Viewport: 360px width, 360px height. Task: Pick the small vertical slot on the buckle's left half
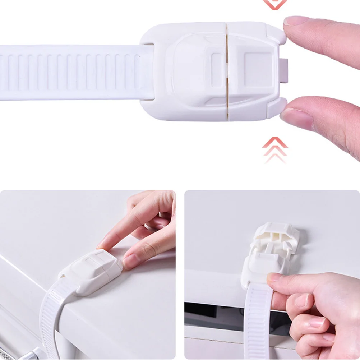[x=216, y=65]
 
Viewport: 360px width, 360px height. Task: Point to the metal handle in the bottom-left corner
[x=22, y=354]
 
